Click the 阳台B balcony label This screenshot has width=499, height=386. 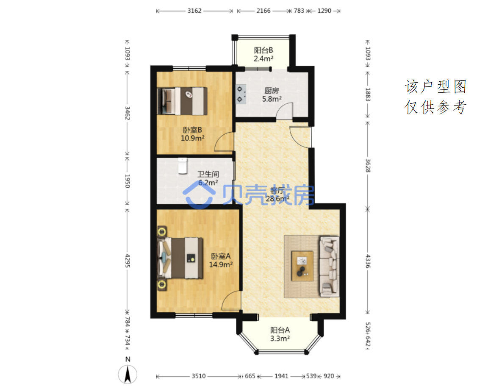pos(263,50)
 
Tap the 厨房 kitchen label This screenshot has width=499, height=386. pos(272,91)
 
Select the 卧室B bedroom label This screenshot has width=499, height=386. pos(193,130)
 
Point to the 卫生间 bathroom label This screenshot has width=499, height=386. pos(208,174)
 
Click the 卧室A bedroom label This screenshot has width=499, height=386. pos(221,256)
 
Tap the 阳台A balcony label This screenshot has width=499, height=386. pos(280,330)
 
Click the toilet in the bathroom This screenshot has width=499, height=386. pos(182,166)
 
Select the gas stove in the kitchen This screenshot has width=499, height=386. pos(241,94)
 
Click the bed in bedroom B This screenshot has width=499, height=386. pos(182,101)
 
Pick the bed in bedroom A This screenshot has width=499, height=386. pos(180,258)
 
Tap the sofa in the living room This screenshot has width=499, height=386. pos(329,267)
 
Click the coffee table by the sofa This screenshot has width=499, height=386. pos(302,266)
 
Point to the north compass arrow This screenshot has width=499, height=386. pos(128,374)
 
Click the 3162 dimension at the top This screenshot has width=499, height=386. pos(194,11)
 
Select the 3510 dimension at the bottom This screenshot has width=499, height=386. pos(199,376)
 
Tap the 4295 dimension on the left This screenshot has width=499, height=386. pos(128,261)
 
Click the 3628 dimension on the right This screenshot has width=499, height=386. pos(368,166)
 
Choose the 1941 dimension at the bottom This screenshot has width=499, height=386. pos(281,376)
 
